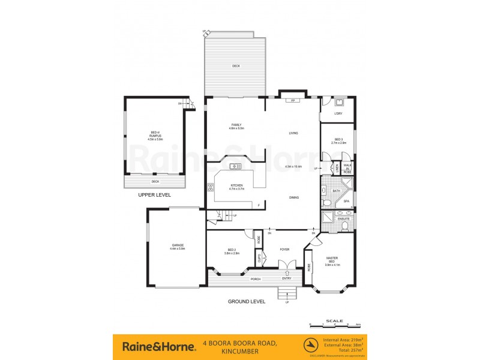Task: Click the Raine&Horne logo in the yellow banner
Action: tap(158, 346)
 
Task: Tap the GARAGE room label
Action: tap(177, 247)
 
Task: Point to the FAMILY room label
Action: tap(236, 125)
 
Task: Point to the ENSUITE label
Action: tap(343, 218)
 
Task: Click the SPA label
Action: tap(347, 202)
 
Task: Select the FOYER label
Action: tap(285, 250)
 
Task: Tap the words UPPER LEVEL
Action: tap(154, 195)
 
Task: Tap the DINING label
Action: tap(294, 197)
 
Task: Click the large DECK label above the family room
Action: tap(236, 66)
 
